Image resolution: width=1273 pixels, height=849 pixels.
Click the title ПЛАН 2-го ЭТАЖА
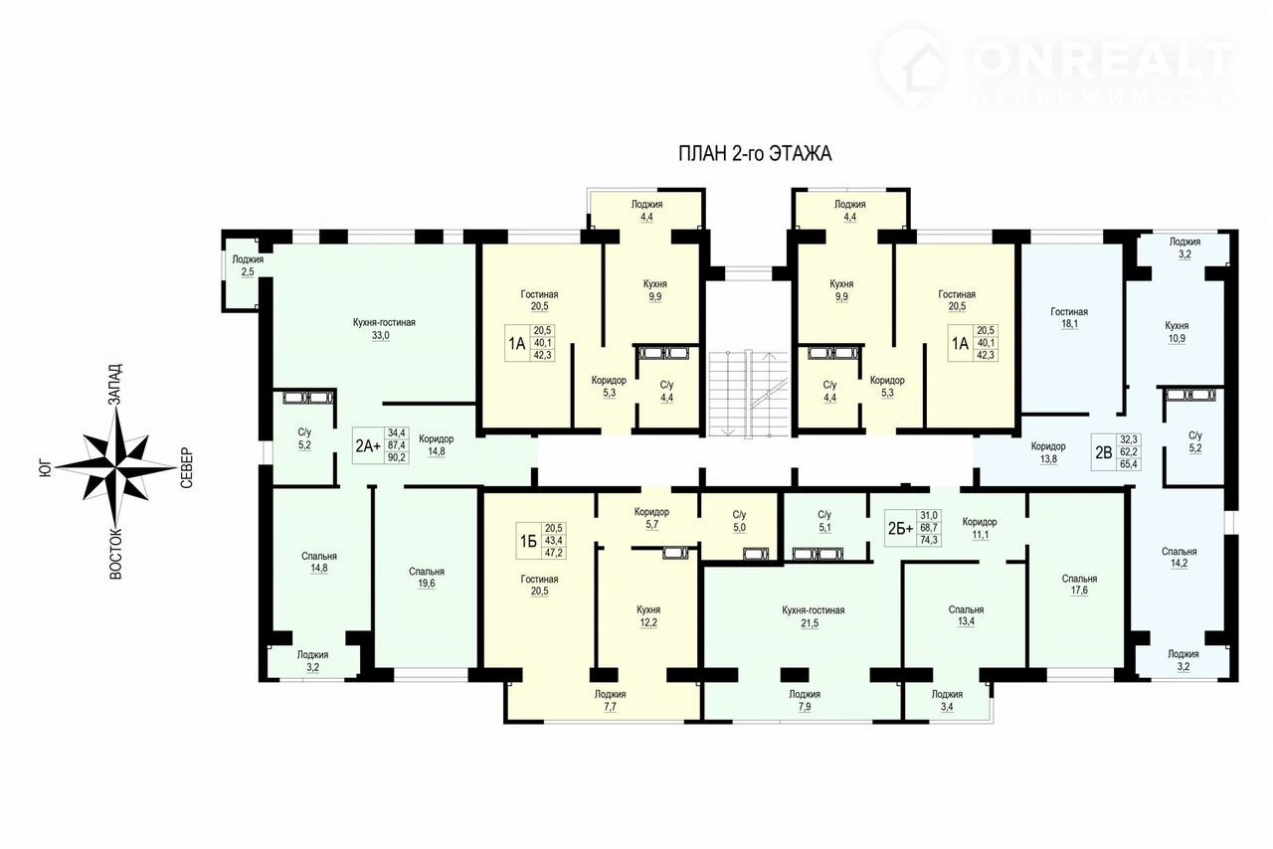tap(755, 154)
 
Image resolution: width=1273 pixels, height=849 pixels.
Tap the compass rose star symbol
tap(116, 467)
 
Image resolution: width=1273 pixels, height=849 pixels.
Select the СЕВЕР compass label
tap(187, 467)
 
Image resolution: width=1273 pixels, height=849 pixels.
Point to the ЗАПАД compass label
tap(115, 384)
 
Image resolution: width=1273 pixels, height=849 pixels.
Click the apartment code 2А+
tap(368, 445)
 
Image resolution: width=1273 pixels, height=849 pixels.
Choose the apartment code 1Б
tap(528, 541)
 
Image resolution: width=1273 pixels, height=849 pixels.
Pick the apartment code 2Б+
tap(901, 529)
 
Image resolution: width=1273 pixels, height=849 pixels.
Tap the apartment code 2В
tap(1103, 452)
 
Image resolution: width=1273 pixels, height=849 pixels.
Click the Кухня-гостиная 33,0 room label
tap(384, 329)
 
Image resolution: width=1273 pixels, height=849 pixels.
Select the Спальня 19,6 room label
tap(427, 578)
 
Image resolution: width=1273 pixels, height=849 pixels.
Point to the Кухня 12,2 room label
tap(648, 616)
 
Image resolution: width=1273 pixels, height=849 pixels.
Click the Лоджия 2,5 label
tap(248, 265)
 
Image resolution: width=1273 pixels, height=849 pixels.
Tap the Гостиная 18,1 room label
tap(1069, 318)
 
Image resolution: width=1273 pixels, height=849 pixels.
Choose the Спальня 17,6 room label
tap(1079, 585)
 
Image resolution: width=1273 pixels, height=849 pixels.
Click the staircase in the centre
tap(749, 394)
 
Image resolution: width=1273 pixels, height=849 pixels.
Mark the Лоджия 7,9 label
tap(805, 700)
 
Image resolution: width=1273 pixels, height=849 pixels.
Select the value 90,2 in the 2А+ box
tap(397, 457)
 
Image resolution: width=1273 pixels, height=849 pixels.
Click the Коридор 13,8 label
tap(1048, 453)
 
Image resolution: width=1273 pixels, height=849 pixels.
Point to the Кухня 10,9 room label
tap(1177, 332)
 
